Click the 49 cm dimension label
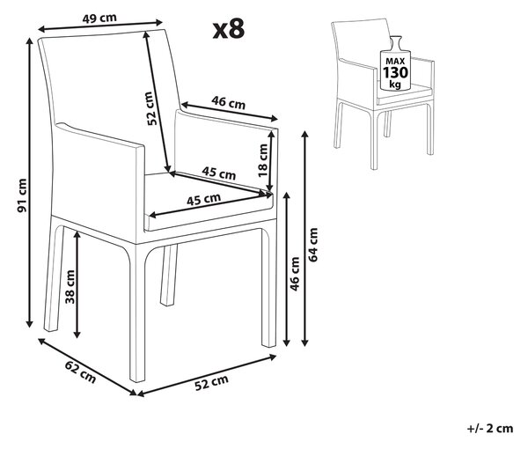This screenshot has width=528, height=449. [99, 18]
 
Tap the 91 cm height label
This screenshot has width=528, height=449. [22, 196]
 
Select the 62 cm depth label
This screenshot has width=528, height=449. [80, 372]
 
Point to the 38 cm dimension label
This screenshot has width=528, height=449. [70, 287]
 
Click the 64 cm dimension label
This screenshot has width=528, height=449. [312, 245]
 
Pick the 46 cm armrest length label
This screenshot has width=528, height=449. [228, 102]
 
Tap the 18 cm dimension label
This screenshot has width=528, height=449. [262, 160]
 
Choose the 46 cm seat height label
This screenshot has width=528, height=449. [295, 274]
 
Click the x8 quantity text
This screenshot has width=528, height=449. [229, 29]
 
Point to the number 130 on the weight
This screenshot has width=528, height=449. [396, 72]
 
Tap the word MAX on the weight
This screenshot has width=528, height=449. [395, 62]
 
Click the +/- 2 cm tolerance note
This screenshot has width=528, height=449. [490, 429]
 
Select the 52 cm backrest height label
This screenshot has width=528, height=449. [152, 108]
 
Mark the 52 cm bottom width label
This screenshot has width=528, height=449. [211, 383]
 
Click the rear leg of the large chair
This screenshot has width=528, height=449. [168, 276]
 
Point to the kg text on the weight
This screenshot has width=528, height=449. [395, 84]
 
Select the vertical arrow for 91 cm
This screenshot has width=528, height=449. [30, 182]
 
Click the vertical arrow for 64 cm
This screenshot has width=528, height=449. [304, 239]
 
